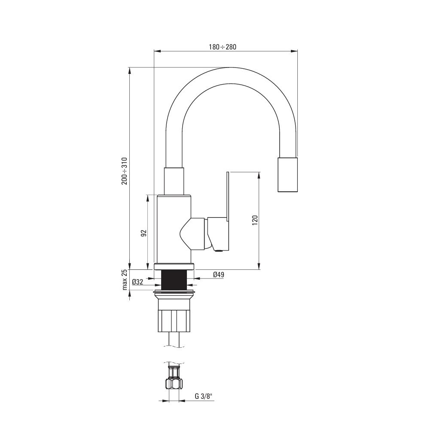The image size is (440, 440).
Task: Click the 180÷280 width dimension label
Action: pos(222,47)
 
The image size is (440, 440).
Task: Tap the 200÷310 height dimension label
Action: pos(124,171)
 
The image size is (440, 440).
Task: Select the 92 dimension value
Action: pos(144,233)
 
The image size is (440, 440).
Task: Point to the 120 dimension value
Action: pos(255,220)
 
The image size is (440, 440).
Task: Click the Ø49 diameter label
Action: pos(219,275)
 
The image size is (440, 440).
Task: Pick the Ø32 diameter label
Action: pos(137,282)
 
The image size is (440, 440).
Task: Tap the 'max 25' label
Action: pos(125,279)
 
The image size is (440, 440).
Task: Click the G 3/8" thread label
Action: pos(204,396)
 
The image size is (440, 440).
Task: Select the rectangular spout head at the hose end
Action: pos(287,174)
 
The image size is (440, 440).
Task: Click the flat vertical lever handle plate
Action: pos(228,211)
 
